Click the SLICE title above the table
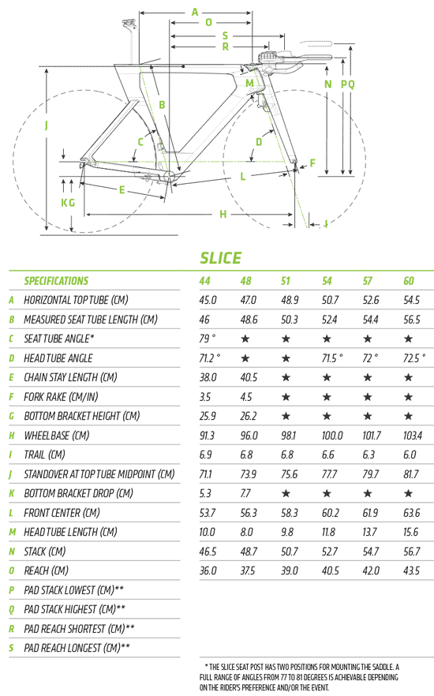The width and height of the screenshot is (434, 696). [x=220, y=258]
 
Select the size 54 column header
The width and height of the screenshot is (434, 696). [x=327, y=281]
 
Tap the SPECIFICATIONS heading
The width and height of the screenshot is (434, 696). [x=56, y=281]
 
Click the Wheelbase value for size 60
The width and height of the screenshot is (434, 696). [x=413, y=436]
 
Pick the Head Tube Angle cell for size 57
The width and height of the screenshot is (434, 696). [x=370, y=357]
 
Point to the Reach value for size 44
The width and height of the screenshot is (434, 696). [x=208, y=571]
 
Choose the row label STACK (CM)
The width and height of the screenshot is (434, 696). [x=45, y=552]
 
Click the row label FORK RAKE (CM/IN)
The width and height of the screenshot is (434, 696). [x=61, y=397]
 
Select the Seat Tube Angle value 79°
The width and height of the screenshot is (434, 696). [x=208, y=339]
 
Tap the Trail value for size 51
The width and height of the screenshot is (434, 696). [x=287, y=455]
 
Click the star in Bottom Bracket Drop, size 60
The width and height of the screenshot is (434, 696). [x=408, y=493]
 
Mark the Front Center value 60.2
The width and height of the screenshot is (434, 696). [x=330, y=513]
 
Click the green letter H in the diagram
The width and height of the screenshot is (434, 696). [x=223, y=215]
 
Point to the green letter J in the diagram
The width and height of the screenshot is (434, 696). [x=46, y=125]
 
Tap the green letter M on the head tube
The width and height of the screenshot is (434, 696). [x=249, y=84]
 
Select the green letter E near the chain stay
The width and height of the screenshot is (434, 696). [x=122, y=190]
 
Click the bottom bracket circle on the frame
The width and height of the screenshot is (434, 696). [x=170, y=176]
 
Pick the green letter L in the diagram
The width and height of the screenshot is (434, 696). [x=243, y=177]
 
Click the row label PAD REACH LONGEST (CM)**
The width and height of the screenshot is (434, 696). [x=77, y=648]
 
